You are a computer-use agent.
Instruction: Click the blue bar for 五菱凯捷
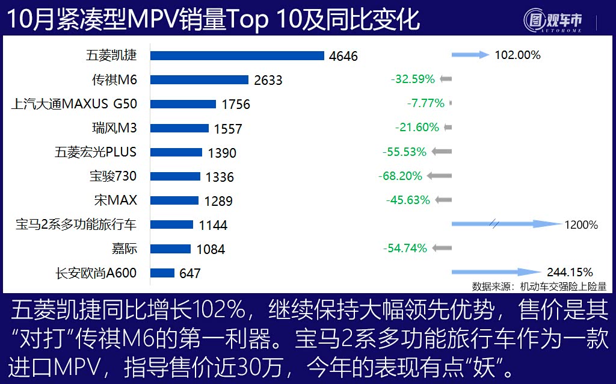click(237, 55)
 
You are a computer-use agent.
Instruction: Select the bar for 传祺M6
click(199, 79)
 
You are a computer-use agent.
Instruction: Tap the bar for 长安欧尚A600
click(162, 273)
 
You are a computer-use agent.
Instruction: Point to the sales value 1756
click(236, 104)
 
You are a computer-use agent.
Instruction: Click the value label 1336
click(220, 177)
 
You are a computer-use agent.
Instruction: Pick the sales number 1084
click(211, 249)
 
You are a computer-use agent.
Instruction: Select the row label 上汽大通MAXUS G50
click(74, 104)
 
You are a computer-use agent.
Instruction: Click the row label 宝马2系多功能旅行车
click(76, 225)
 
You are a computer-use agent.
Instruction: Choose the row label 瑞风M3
click(114, 128)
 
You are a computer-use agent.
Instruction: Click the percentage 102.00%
click(517, 55)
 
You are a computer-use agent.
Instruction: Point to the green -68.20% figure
click(400, 176)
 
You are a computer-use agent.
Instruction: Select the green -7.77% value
click(425, 103)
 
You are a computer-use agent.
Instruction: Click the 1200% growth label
click(581, 225)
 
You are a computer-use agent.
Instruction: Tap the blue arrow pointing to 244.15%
click(496, 272)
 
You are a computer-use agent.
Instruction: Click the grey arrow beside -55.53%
click(442, 152)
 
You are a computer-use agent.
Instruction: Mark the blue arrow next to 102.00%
click(470, 55)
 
